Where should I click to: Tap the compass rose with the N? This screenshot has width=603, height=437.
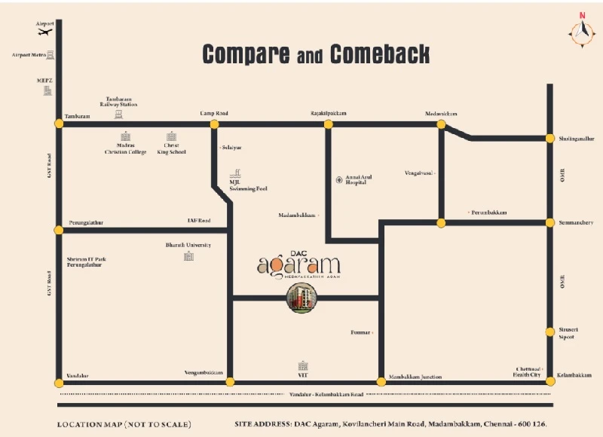coord(581,31)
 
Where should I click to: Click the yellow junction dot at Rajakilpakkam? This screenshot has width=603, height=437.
coord(329,124)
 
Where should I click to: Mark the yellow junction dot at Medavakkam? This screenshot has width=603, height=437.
coord(442,124)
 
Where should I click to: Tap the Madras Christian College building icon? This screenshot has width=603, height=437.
coord(126,137)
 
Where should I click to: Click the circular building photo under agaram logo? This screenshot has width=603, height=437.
coord(301,299)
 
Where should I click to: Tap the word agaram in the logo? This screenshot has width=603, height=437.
coord(299,265)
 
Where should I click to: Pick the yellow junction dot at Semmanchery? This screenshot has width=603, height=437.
coord(550,222)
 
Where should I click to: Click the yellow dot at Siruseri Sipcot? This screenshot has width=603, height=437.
coord(550,332)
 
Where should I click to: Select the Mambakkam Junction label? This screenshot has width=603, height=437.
coord(415,377)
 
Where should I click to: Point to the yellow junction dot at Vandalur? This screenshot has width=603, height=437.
coord(59,382)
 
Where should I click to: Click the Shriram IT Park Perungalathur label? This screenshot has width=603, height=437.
coord(86,262)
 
